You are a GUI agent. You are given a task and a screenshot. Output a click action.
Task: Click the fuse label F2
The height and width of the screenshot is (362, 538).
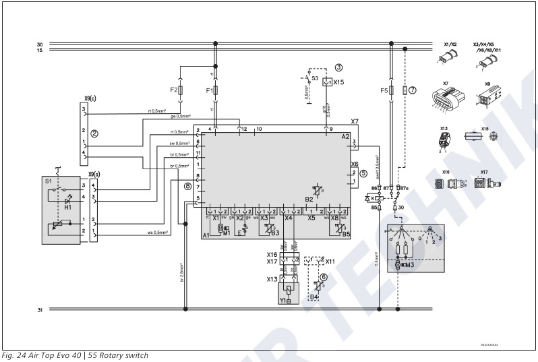pos(173,90)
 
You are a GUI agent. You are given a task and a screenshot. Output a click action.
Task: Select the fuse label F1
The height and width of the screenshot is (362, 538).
pos(208,90)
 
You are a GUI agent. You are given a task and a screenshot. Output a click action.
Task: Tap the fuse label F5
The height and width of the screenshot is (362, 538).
pos(384,90)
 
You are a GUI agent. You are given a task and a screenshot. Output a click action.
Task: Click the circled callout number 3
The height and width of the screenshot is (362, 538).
pos(338,67)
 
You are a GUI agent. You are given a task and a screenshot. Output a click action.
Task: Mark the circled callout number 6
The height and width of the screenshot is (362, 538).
pos(324,277)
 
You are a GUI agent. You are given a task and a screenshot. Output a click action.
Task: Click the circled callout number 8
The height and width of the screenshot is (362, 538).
pos(187,185)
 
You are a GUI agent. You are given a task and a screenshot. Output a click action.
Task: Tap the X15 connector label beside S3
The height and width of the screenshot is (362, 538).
pos(338,82)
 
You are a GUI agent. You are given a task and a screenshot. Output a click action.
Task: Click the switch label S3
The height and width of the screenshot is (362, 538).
pos(315,79)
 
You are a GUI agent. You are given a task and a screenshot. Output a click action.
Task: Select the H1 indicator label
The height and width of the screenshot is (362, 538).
pos(67,207)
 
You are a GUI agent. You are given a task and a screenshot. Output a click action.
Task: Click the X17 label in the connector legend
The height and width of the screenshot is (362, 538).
pos(483,173)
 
